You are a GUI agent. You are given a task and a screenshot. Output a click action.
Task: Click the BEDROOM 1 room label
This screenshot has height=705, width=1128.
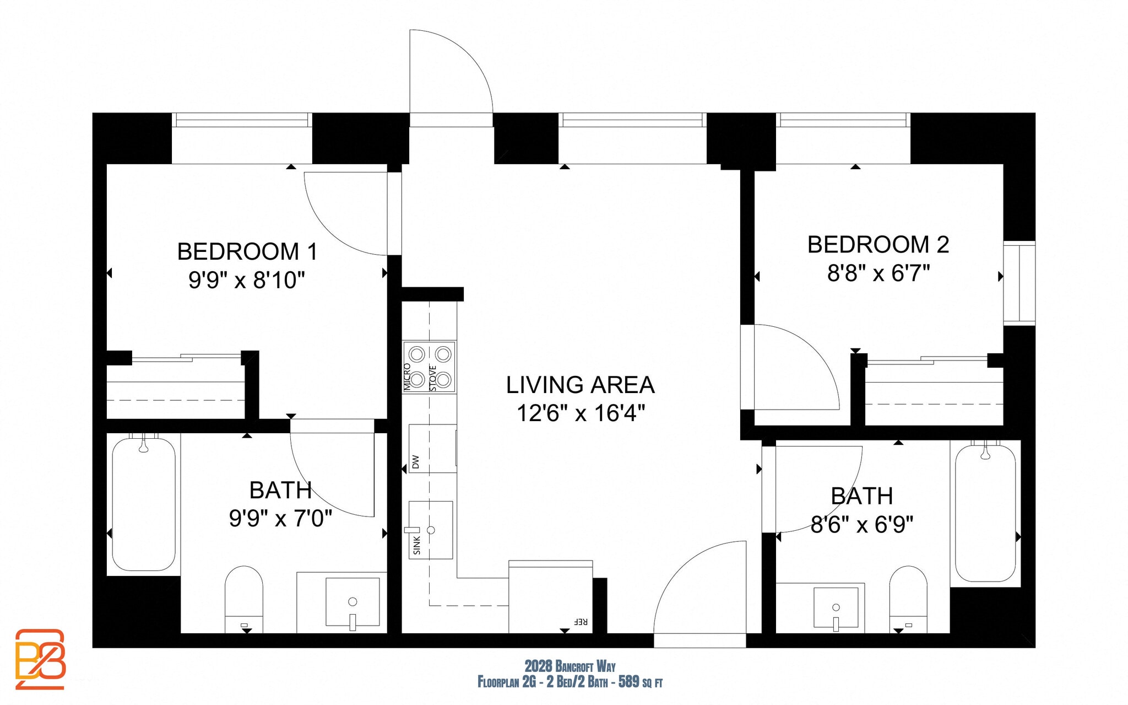coord(247,252)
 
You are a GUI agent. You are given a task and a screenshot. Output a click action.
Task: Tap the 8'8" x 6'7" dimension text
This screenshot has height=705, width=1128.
coord(878,273)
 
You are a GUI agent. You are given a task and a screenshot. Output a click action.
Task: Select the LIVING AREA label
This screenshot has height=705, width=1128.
coord(580,385)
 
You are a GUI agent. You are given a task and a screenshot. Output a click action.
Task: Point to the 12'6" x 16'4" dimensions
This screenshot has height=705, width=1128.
coord(580,413)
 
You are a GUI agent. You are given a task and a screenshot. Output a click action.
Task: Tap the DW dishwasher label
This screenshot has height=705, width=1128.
coord(416,461)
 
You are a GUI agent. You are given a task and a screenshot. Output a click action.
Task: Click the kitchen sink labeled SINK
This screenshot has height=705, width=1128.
coord(431,530)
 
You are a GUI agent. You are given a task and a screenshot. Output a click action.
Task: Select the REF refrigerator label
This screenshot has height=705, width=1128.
coord(581,622)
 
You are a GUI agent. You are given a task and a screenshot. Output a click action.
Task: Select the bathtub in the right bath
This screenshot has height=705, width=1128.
coord(985,513)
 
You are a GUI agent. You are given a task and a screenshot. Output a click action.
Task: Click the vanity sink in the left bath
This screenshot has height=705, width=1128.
coord(352,602)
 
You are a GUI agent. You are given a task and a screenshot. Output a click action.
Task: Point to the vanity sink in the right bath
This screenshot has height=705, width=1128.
coord(836,608)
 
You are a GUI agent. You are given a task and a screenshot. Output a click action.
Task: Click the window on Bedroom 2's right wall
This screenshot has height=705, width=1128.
coord(1019,283)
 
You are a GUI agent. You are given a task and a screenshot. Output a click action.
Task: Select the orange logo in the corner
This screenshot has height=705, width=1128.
coord(40,658)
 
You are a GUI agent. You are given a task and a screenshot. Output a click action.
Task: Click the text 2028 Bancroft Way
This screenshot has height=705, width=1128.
coord(570,666)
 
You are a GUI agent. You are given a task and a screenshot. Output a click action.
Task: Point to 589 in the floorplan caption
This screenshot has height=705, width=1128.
coord(628,682)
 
